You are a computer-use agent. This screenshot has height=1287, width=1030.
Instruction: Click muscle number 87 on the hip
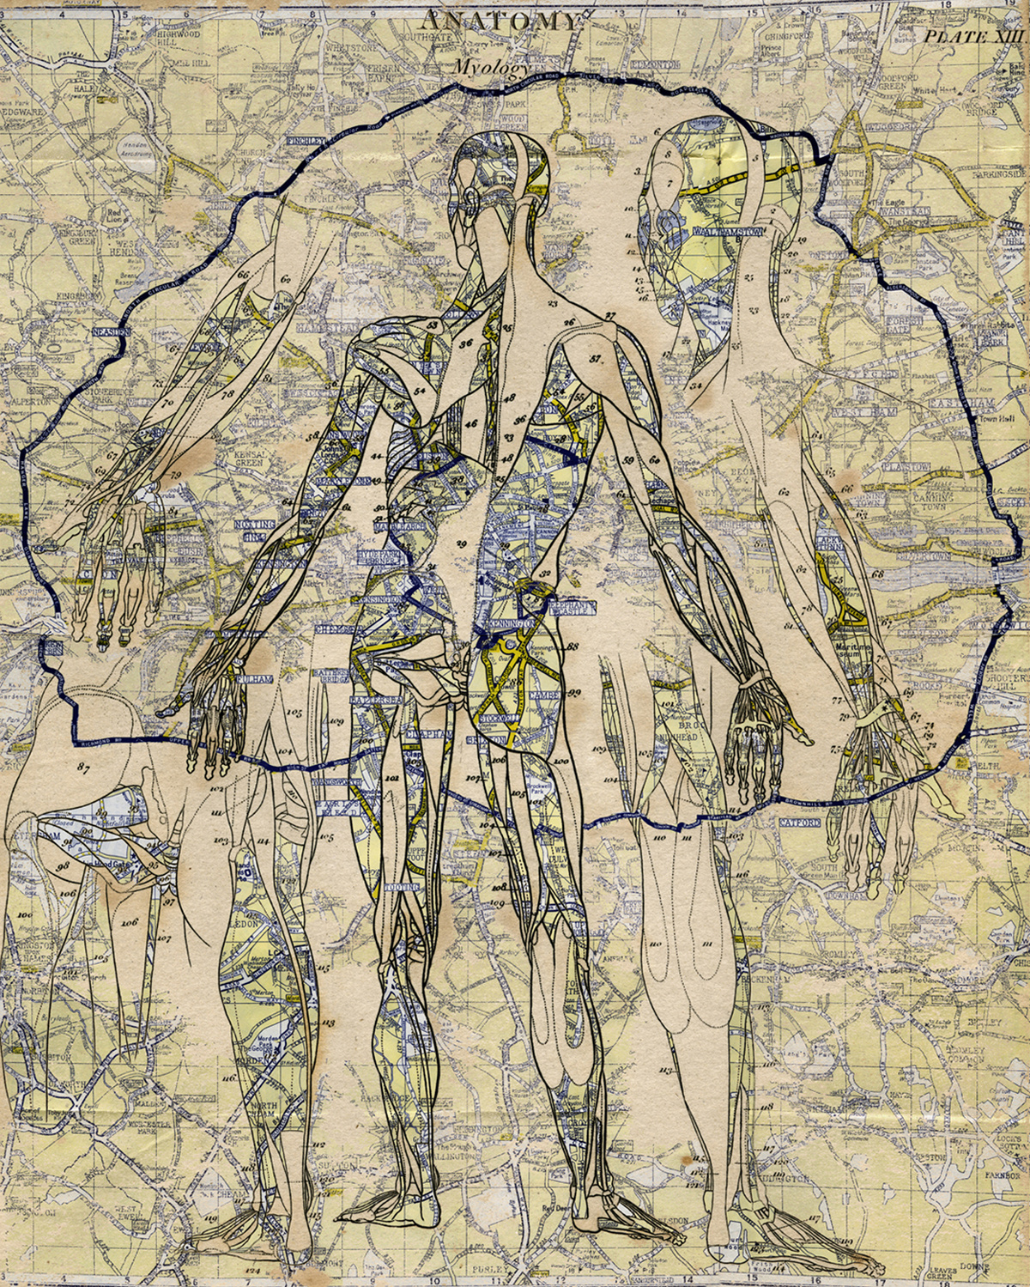83,767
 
